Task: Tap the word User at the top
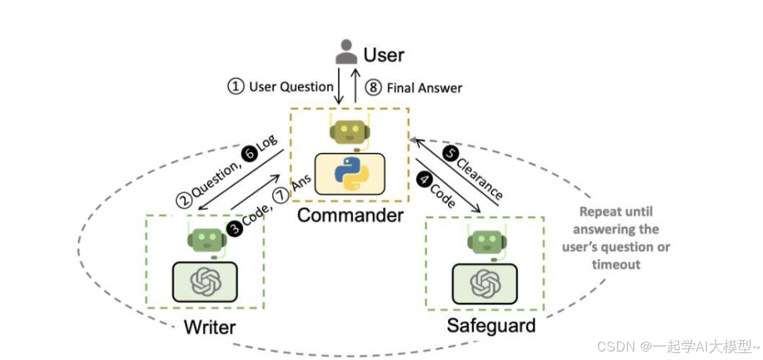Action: [384, 55]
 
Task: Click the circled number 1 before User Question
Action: [235, 87]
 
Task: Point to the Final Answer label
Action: [424, 87]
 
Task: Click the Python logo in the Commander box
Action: [351, 174]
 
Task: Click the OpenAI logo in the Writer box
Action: [205, 282]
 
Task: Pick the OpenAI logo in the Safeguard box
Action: [484, 283]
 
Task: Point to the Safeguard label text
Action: [490, 325]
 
